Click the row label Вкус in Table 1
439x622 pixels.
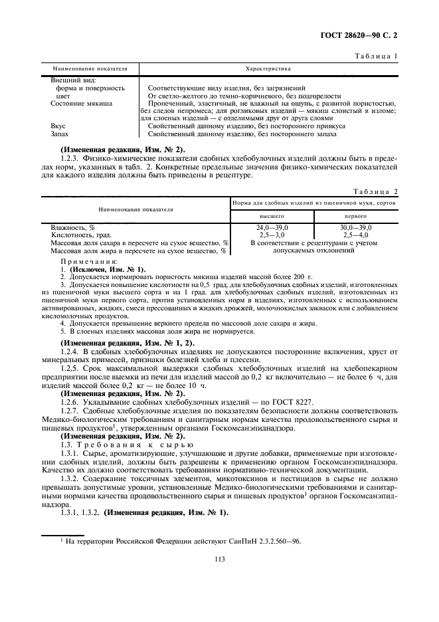pyautogui.click(x=58, y=126)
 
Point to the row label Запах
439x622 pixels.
pyautogui.click(x=60, y=134)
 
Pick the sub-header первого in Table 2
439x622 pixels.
pyautogui.click(x=356, y=216)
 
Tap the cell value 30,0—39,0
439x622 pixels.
pyautogui.click(x=356, y=227)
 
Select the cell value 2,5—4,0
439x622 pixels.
pyautogui.click(x=356, y=235)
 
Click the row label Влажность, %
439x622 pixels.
pyautogui.click(x=74, y=228)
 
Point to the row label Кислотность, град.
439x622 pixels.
pyautogui.click(x=82, y=235)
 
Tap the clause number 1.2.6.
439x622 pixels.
pyautogui.click(x=71, y=401)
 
